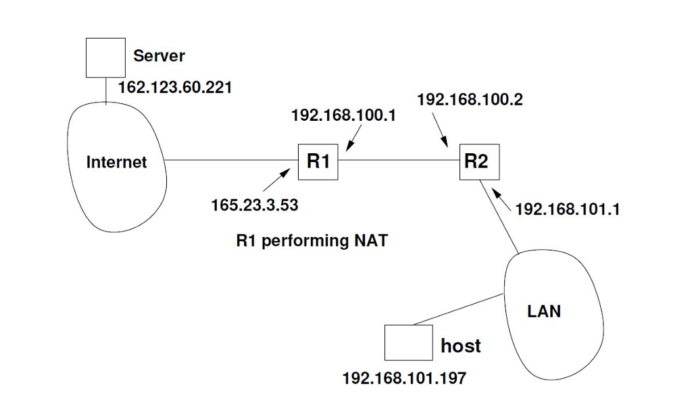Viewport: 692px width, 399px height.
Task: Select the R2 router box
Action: point(479,161)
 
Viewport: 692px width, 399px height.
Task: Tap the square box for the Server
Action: point(105,57)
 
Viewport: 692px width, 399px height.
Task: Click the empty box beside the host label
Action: point(408,342)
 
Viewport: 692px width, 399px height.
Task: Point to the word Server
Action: point(159,55)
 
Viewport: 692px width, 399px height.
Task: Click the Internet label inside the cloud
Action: point(116,162)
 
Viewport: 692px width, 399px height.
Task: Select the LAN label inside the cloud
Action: point(544,311)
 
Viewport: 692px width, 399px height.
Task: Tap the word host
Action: point(460,346)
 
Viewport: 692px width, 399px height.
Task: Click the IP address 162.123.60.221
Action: point(175,88)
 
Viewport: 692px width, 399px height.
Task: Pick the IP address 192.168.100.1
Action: point(343,115)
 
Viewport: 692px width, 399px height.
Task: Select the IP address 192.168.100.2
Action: point(470,100)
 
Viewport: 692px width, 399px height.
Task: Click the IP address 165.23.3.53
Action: point(254,205)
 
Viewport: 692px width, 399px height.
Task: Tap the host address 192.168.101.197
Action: point(404,378)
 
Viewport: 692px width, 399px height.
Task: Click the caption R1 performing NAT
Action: point(312,240)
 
